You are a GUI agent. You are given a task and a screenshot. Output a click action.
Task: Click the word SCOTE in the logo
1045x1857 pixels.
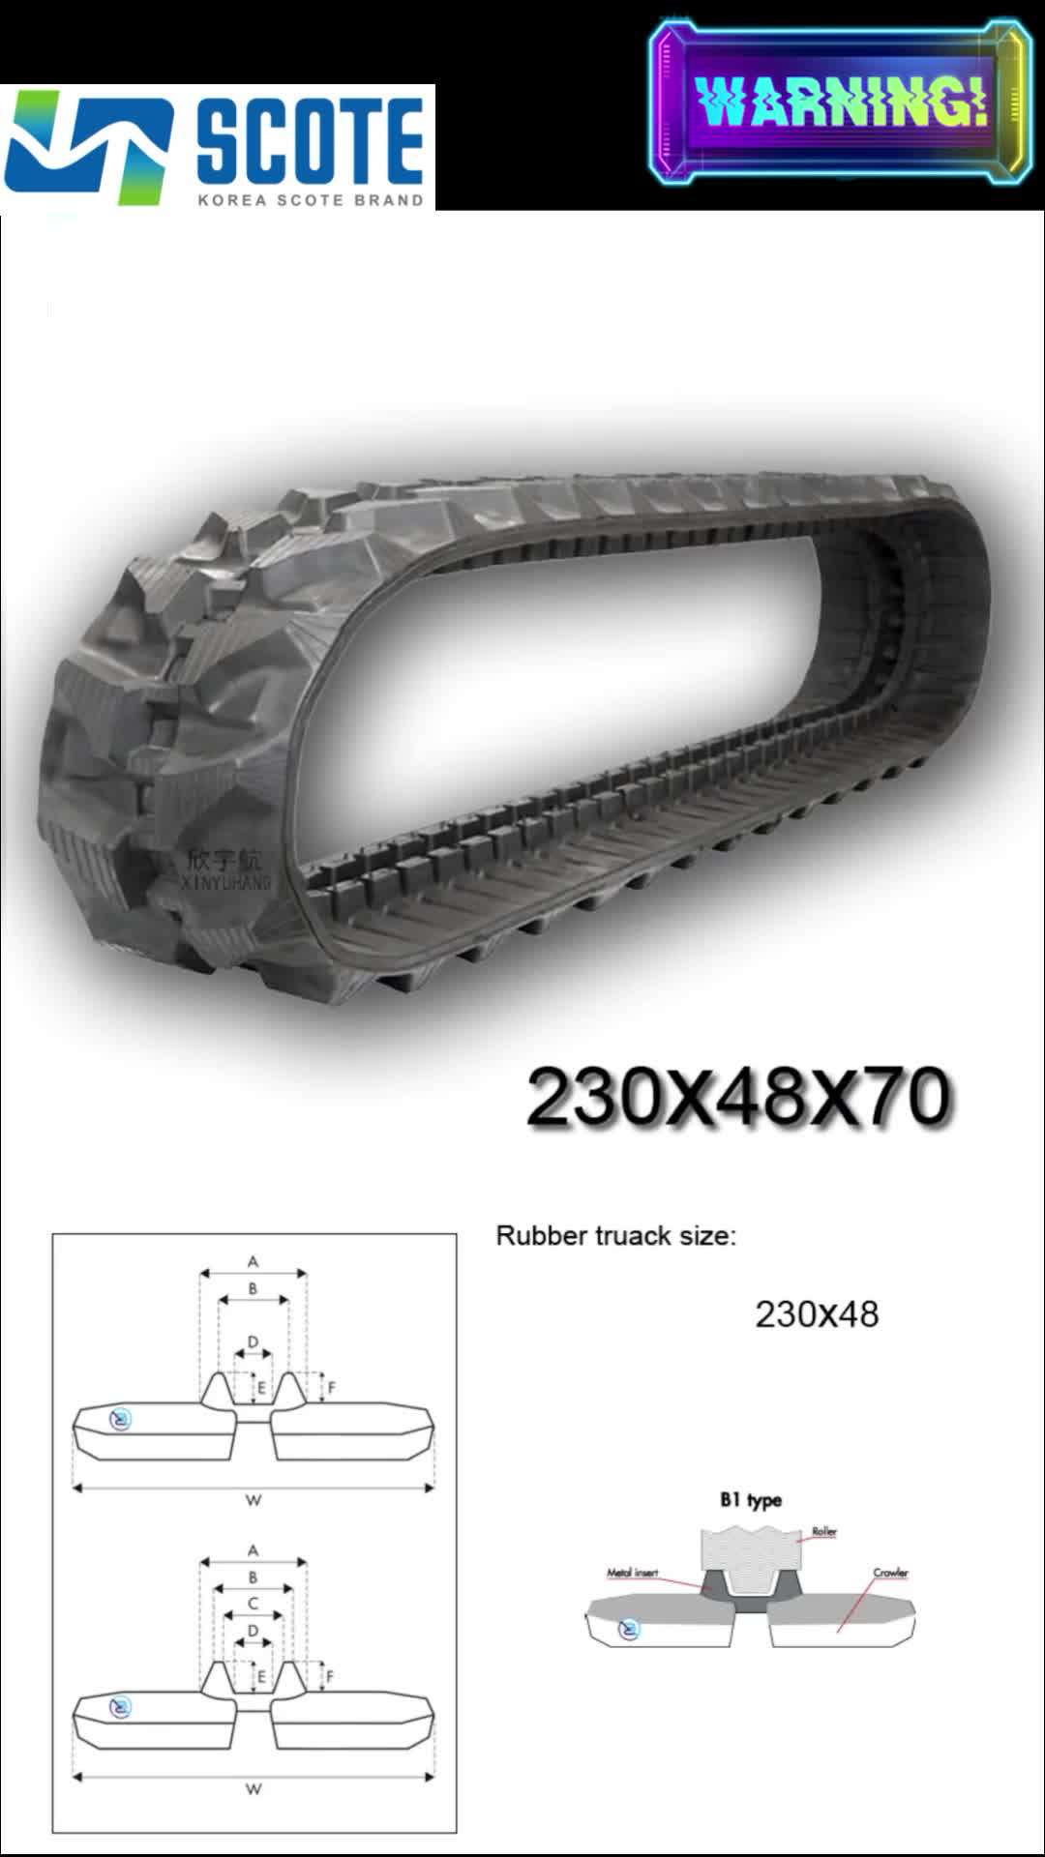310,140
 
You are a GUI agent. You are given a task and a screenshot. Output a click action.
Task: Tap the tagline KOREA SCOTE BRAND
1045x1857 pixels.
310,200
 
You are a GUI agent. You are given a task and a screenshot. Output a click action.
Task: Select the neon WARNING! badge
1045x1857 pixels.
840,103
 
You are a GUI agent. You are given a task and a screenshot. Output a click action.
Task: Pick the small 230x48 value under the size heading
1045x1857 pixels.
817,1314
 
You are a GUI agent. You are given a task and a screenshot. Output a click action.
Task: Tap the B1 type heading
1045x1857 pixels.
750,1500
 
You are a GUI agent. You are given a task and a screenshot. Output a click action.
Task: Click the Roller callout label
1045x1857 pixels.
824,1531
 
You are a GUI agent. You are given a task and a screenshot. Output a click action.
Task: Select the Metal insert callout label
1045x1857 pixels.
632,1573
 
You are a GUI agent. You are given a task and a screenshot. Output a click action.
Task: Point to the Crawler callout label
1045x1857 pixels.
890,1573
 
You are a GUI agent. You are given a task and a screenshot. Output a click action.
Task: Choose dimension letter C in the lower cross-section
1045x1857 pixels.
254,1604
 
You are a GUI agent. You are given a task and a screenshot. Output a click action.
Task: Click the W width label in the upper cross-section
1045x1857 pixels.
254,1500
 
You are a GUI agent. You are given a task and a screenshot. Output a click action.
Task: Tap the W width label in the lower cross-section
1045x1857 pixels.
254,1788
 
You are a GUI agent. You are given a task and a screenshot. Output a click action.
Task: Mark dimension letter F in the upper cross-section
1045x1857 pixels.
332,1388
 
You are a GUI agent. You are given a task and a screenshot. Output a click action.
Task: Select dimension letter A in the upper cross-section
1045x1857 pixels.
254,1261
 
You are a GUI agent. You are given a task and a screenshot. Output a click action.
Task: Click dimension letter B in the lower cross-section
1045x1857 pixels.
254,1577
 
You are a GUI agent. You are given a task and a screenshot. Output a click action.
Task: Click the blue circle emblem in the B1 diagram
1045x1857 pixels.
629,1630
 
